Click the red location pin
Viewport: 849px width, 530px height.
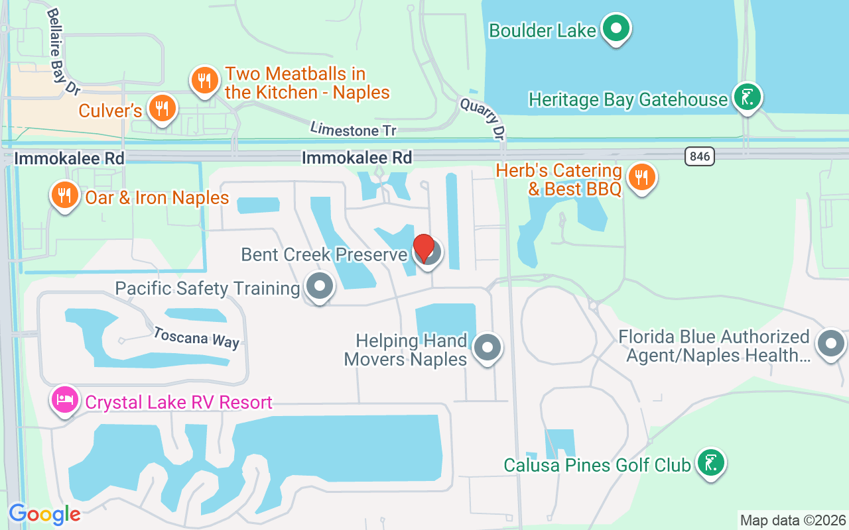coord(424,248)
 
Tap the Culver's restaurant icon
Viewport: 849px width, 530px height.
coord(161,108)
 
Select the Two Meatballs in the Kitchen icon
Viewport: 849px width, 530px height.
coord(204,81)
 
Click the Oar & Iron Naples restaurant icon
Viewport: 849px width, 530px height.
coord(64,195)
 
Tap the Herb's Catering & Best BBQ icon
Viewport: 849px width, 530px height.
coord(641,177)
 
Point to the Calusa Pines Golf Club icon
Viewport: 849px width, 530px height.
coord(710,462)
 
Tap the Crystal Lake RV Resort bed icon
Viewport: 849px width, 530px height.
coord(64,399)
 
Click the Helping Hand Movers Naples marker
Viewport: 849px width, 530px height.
coord(488,346)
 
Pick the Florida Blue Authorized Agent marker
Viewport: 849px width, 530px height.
coord(830,343)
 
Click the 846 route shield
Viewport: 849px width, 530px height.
coord(699,156)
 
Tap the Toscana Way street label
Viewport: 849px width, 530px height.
coord(196,337)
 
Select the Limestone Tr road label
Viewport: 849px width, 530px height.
coord(353,130)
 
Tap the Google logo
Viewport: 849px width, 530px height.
coord(44,514)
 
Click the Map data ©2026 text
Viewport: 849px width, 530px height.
coord(793,520)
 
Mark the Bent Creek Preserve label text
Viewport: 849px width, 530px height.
coord(324,254)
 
